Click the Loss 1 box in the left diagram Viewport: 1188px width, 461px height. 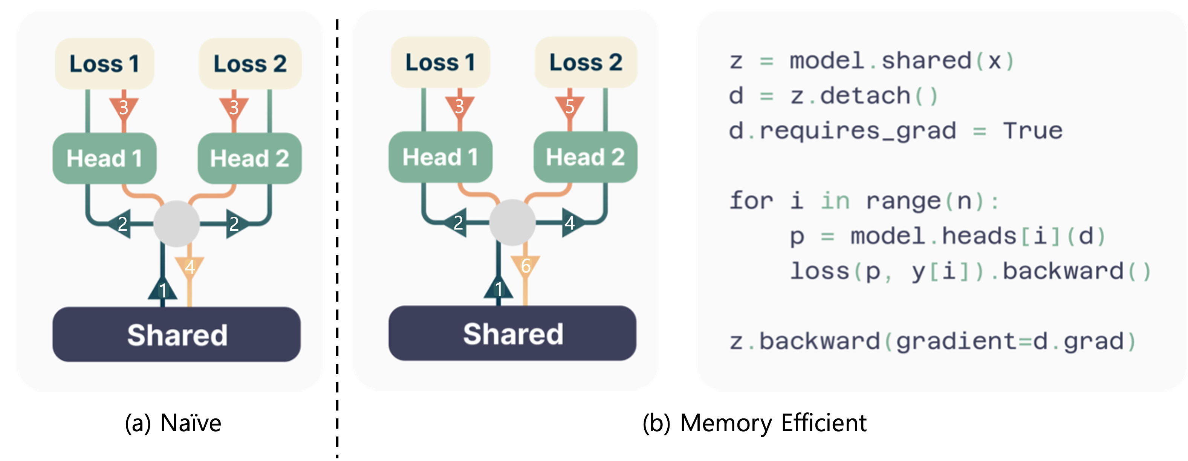pos(104,64)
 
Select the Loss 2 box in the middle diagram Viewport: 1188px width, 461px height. pos(586,62)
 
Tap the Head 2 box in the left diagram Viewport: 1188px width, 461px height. pos(249,158)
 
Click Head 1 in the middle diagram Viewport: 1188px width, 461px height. pos(440,157)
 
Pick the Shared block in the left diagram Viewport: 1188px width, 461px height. pos(177,335)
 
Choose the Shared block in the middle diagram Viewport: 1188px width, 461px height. pos(512,333)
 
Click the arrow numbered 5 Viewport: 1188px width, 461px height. pos(570,107)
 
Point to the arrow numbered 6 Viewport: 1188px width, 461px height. pos(525,266)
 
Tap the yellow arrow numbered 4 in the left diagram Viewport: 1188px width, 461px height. pos(190,267)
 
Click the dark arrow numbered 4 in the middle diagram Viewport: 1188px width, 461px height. pos(570,223)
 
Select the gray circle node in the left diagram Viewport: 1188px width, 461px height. pos(177,224)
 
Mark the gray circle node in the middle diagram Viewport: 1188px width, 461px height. pos(512,222)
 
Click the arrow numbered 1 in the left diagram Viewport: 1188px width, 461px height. pos(162,290)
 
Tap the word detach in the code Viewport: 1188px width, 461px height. pos(865,96)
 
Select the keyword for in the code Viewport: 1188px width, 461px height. pos(751,201)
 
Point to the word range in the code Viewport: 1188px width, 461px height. pos(904,201)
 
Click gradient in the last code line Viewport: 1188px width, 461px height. pos(956,342)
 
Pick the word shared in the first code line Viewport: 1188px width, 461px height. pos(927,61)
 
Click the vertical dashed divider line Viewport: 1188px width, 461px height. pos(337,208)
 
